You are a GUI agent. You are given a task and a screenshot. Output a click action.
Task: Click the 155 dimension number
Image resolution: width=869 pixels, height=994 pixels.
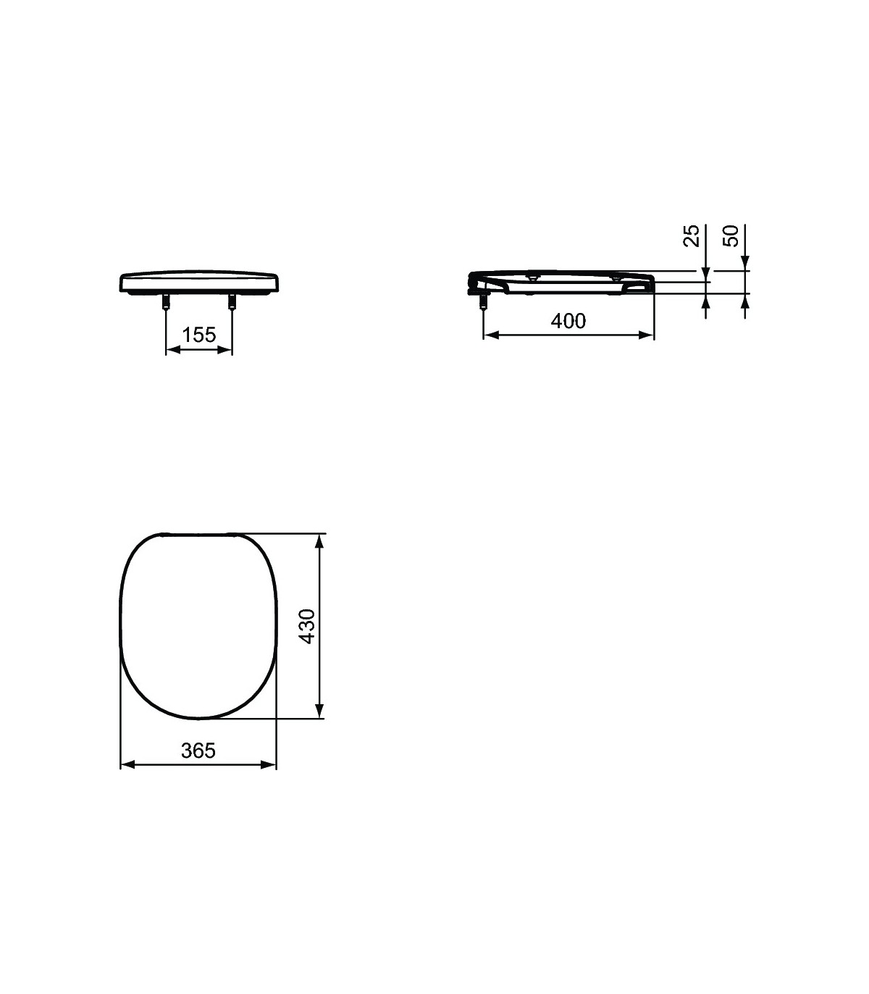198,335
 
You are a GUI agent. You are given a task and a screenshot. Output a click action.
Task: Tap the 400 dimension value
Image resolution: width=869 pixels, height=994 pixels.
568,321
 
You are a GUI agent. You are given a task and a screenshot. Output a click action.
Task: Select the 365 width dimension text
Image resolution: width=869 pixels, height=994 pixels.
198,751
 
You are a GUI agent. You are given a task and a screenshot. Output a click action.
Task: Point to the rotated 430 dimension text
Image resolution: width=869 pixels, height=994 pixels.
307,626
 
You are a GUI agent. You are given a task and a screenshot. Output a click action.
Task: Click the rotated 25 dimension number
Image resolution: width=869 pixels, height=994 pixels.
692,235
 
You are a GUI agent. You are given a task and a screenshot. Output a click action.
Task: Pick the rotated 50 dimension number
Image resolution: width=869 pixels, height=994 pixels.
731,235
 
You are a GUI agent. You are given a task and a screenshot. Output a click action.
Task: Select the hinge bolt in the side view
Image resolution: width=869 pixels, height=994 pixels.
483,301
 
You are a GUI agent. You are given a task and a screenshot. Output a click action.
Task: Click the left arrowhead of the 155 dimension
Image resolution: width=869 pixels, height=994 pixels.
173,349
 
